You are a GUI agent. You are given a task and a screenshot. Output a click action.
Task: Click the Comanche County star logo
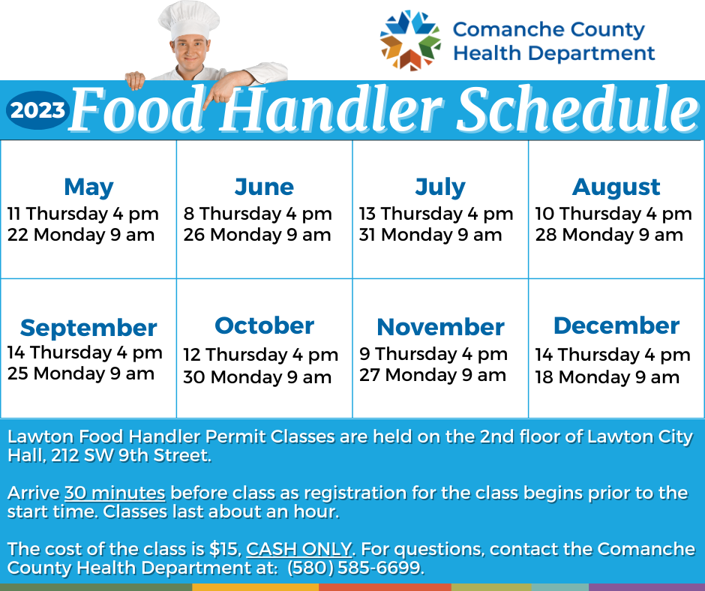coord(410,40)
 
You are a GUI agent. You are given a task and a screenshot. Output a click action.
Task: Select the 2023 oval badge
coord(37,110)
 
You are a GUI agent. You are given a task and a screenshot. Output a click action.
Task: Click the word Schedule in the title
coord(577,110)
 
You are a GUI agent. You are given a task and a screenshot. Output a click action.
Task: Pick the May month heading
coord(88,187)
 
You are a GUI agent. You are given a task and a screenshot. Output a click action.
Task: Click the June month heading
coord(264,187)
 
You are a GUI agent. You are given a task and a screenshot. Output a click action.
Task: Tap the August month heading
coord(616,187)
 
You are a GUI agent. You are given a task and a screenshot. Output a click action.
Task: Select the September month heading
coord(88,328)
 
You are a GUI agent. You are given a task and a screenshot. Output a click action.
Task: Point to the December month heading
coord(616,325)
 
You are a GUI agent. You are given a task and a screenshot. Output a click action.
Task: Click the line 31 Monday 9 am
coord(430,235)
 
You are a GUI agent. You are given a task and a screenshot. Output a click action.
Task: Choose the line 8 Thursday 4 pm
coord(258,214)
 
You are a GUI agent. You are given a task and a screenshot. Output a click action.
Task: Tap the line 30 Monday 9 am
coord(257,377)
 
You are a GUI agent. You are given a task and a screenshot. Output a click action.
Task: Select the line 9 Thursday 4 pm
coord(433,354)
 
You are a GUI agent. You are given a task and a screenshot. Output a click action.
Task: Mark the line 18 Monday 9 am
coord(607,377)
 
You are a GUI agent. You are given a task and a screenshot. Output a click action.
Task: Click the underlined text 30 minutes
coord(115,493)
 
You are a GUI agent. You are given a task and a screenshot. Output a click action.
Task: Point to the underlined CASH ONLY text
coord(299,549)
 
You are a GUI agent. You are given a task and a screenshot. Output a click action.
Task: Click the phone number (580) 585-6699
coord(355,568)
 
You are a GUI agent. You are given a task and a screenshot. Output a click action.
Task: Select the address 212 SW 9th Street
coord(130,455)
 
